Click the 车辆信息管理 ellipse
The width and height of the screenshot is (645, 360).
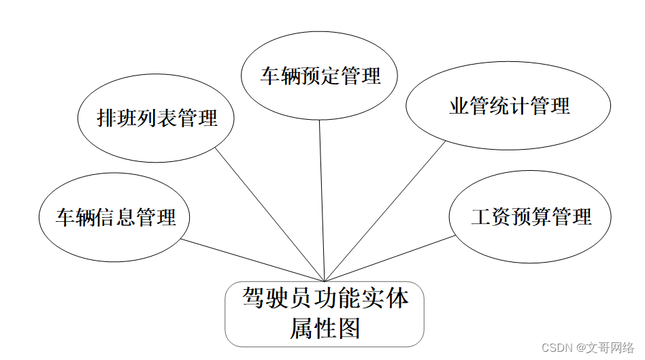(114, 218)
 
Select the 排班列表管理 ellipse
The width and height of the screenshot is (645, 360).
(156, 118)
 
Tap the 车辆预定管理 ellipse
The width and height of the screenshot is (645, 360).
(320, 76)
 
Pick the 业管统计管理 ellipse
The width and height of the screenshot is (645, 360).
(509, 106)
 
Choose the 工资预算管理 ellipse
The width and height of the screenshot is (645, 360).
(530, 217)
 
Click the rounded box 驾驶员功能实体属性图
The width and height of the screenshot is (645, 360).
(325, 314)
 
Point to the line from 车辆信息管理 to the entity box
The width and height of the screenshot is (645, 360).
(252, 259)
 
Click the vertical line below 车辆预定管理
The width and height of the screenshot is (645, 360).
(322, 197)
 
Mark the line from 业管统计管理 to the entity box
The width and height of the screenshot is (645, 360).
(384, 211)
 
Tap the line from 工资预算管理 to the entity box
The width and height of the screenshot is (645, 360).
(391, 258)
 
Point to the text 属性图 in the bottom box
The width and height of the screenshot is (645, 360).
(325, 329)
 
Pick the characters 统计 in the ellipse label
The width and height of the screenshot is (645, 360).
(509, 106)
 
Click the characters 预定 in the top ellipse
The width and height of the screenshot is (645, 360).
(320, 76)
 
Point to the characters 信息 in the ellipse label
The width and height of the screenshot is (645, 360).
(115, 218)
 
